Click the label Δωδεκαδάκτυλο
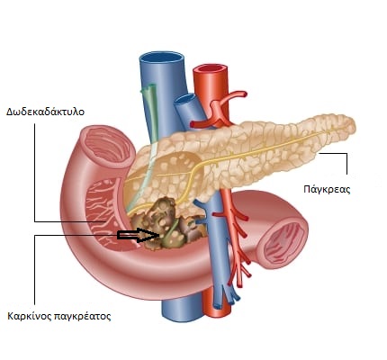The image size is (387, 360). (x=45, y=112)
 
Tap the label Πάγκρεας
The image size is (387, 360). (x=327, y=190)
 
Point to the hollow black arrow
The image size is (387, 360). (x=139, y=235)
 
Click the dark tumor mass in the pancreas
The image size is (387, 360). (x=168, y=223)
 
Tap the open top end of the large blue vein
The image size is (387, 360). (x=161, y=58)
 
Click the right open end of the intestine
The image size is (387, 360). (x=283, y=240)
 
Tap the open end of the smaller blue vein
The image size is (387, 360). (x=184, y=99)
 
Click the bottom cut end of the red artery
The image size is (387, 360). (x=218, y=312)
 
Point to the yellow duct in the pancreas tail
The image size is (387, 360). (x=270, y=147)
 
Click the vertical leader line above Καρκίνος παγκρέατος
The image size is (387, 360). (x=35, y=270)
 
